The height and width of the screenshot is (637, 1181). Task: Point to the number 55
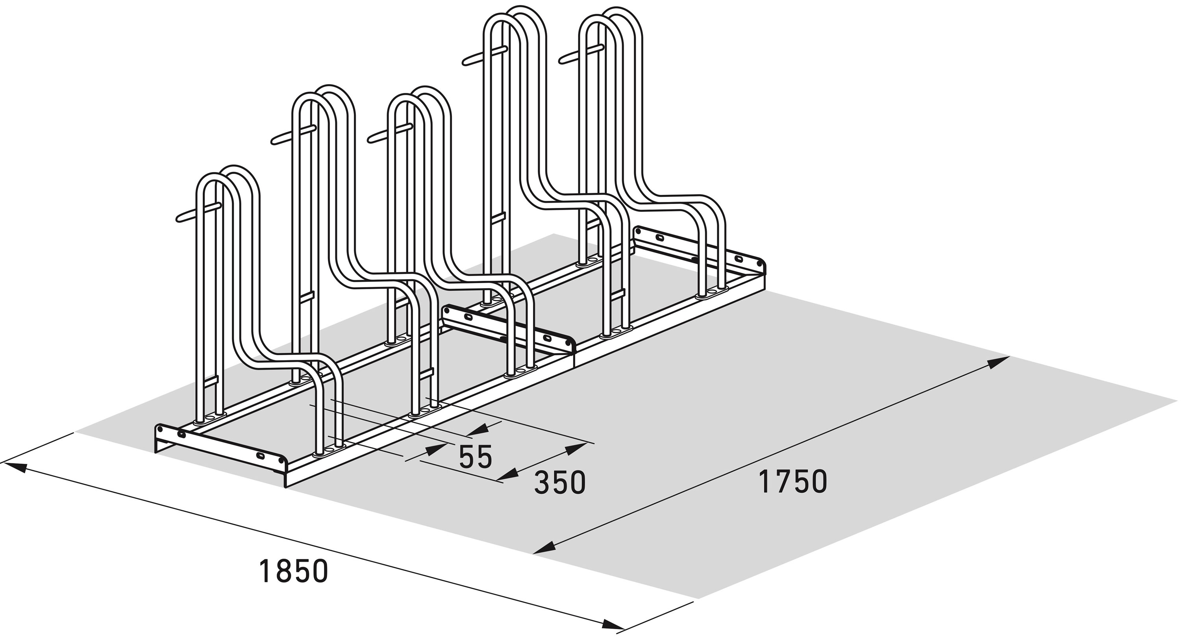pyautogui.click(x=476, y=456)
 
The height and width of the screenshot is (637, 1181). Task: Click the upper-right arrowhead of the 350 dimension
pyautogui.click(x=576, y=449)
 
